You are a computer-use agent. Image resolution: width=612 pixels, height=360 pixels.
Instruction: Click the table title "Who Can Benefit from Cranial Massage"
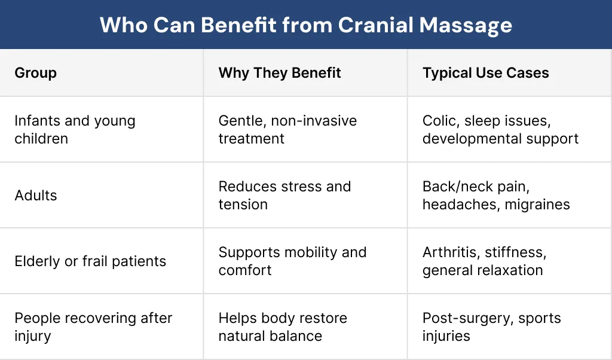305,25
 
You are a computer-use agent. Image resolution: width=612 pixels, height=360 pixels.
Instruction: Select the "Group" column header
36,73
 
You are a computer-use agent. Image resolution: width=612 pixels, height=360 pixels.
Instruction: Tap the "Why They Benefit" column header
280,73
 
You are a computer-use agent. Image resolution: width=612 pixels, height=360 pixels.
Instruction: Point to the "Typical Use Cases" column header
485,73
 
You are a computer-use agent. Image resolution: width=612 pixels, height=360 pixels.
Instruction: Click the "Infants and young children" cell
75,130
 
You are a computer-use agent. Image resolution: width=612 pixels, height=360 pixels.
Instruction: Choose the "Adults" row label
36,196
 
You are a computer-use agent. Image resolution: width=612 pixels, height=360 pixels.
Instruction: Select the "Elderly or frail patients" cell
90,261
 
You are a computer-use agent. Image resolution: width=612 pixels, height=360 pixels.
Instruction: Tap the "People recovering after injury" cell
93,327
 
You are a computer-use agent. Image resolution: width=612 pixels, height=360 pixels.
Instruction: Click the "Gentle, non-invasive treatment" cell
287,130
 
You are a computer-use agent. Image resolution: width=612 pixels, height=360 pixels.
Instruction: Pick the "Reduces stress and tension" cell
284,196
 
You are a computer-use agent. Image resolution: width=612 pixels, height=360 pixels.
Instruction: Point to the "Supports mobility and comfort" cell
292,261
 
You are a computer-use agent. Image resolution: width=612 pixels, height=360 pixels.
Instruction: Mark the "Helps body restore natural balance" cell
283,327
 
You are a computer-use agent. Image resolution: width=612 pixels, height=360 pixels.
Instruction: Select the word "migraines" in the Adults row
537,205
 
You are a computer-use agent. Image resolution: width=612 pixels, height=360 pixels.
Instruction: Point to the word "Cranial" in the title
375,25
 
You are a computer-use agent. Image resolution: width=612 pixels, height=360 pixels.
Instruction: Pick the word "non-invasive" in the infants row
314,121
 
